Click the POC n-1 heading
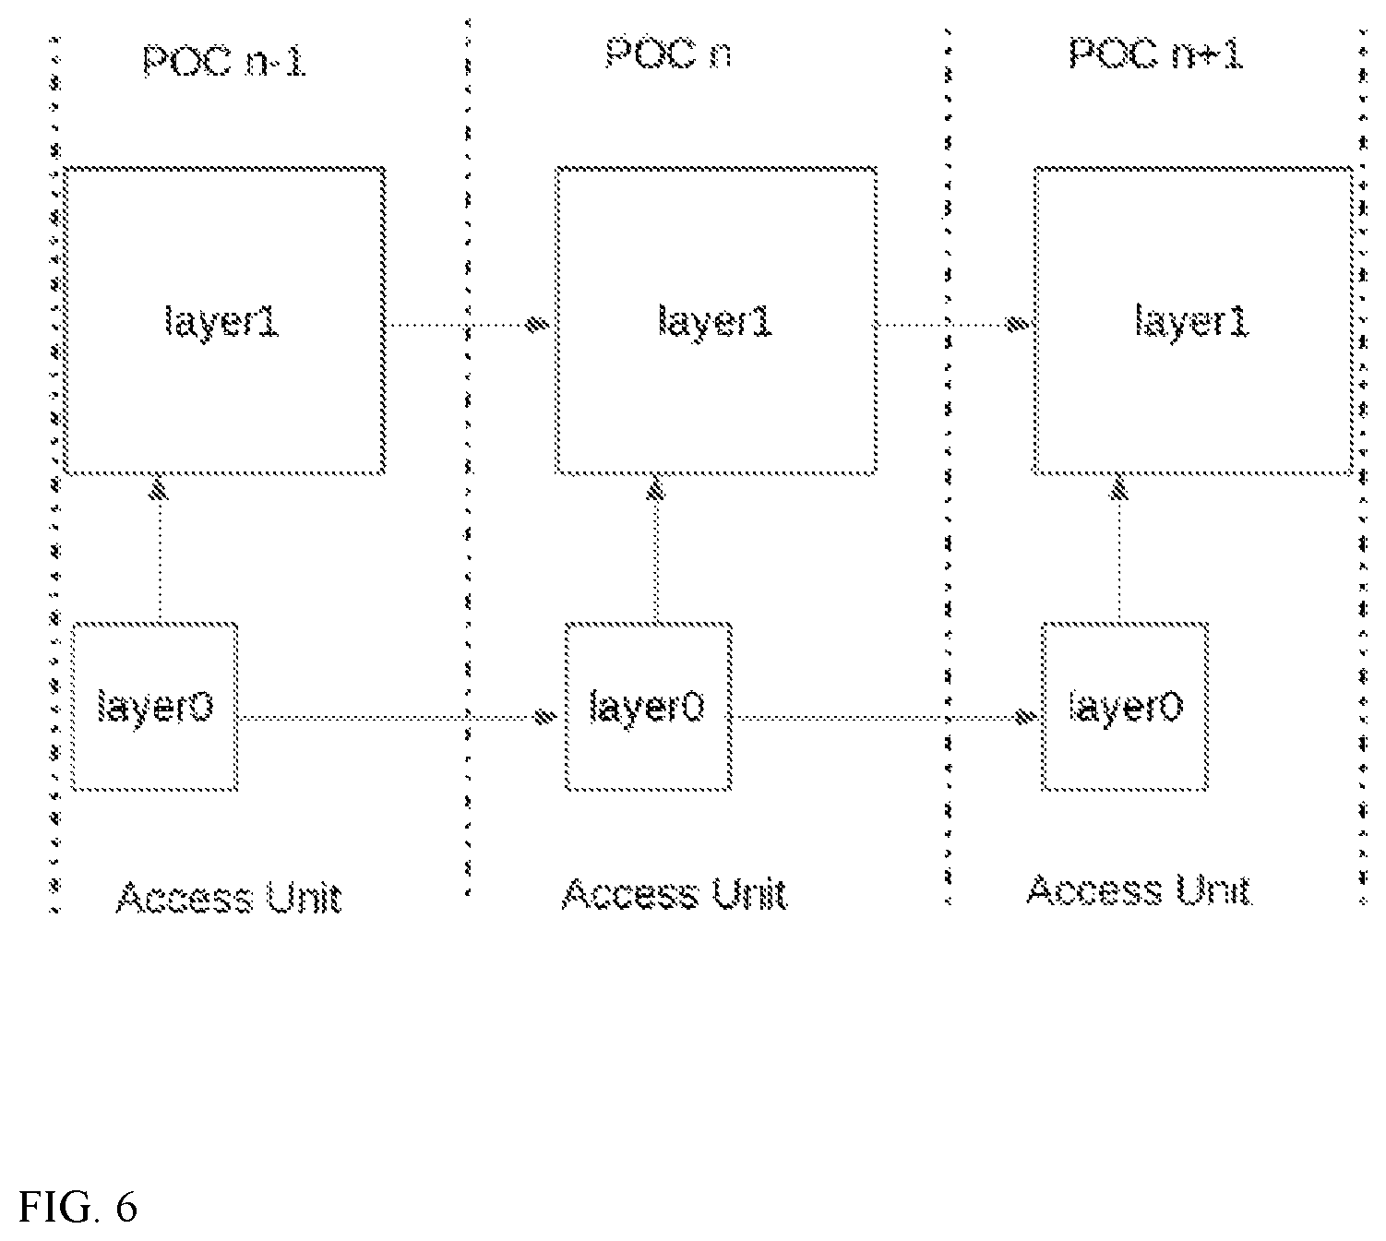point(223,61)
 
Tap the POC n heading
point(668,54)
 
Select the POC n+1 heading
point(1155,54)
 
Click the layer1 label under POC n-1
point(221,321)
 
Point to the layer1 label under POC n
point(715,321)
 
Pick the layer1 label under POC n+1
point(1191,321)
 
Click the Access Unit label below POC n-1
point(229,898)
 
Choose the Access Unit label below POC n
point(675,893)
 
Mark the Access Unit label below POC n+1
point(1139,890)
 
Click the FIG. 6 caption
point(78,1207)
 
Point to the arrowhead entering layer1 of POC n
point(538,325)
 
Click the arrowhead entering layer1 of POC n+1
point(1017,325)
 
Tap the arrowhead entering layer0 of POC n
point(545,718)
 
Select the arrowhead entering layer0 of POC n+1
point(1025,718)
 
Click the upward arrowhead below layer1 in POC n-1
point(160,488)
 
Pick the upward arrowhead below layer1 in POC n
point(656,488)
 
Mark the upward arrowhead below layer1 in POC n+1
point(1119,488)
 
